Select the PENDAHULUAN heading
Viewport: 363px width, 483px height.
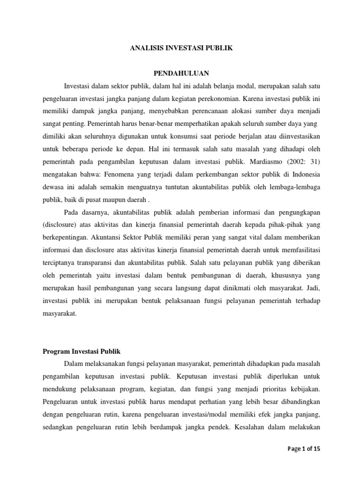point(182,73)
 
